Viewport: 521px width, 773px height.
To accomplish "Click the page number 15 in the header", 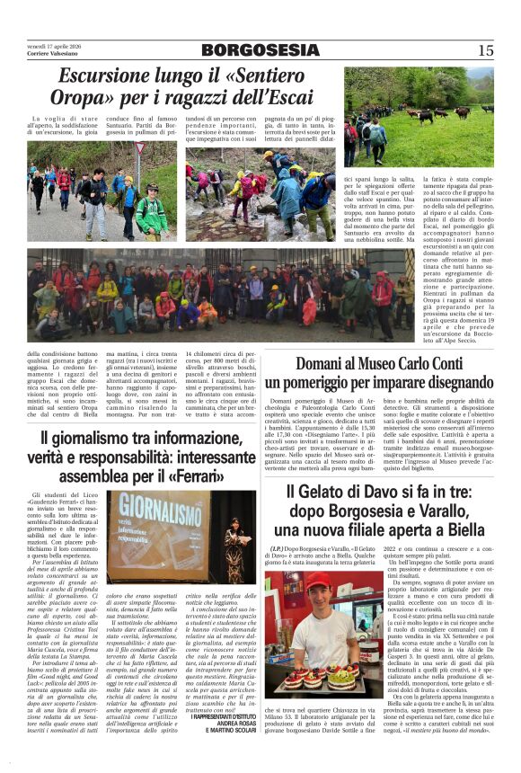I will click(486, 50).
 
